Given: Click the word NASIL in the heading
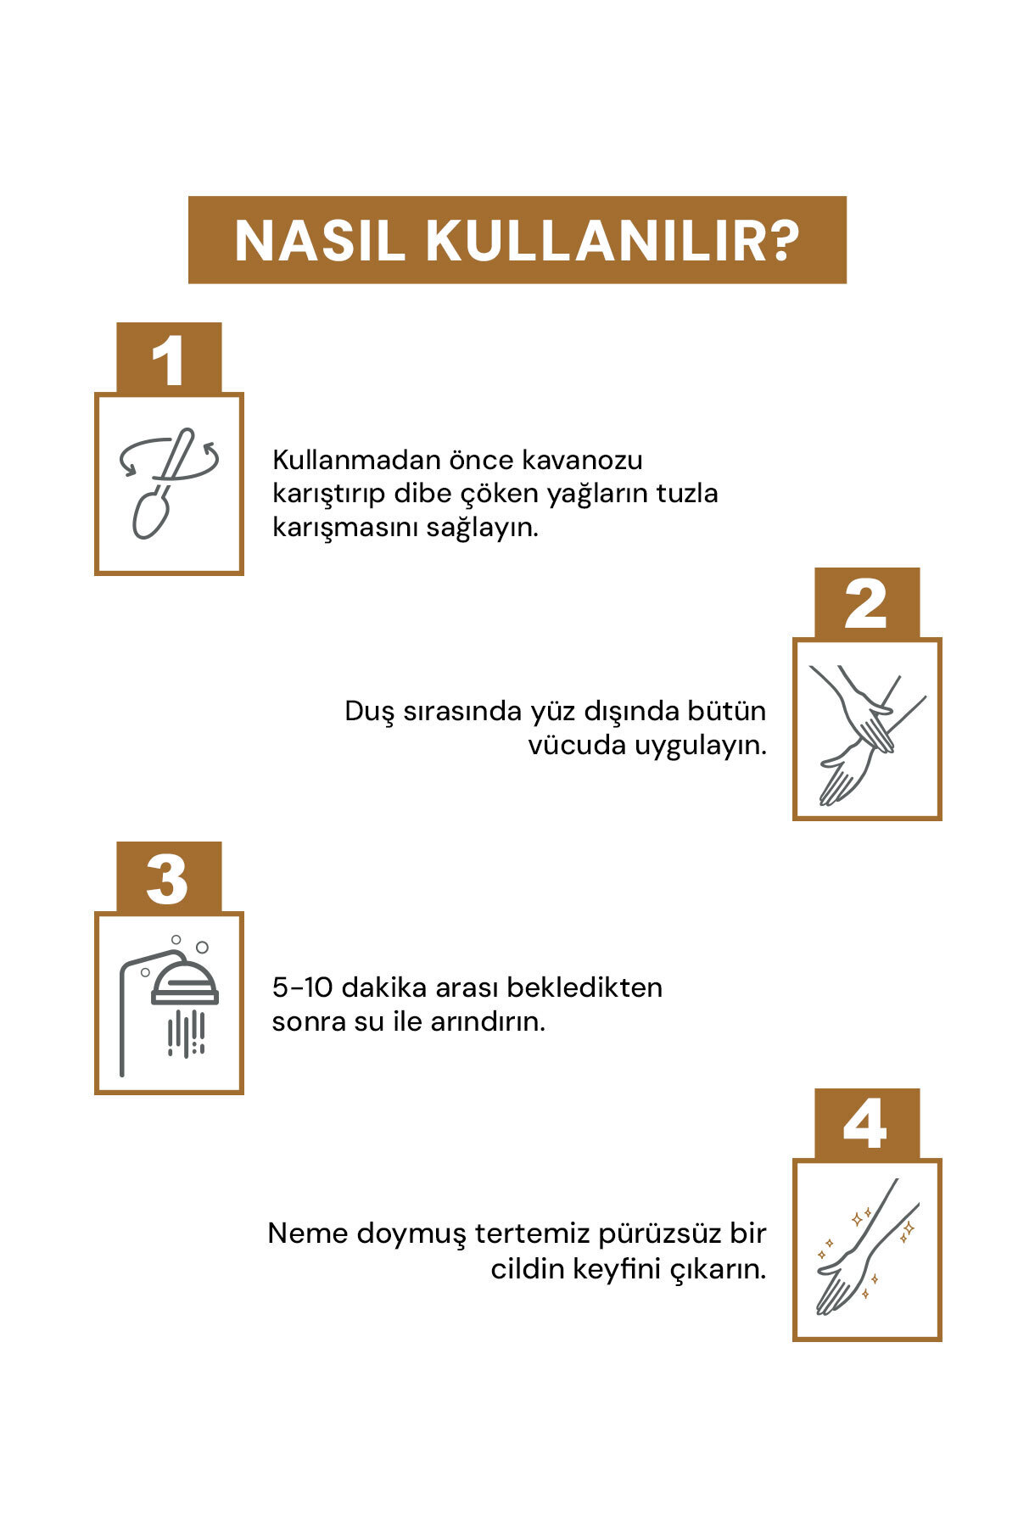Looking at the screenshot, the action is (x=320, y=241).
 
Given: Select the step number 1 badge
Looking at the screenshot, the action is (x=169, y=357).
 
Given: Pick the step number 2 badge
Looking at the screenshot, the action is (x=867, y=603).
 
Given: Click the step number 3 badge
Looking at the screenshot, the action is (x=169, y=877).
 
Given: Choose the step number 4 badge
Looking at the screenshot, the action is (x=867, y=1124).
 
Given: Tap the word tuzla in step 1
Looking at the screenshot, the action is (x=687, y=493).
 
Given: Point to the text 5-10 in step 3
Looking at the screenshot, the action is (x=302, y=987).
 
